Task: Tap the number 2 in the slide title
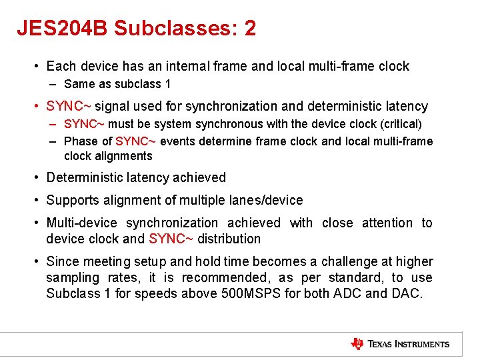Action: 249,28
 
